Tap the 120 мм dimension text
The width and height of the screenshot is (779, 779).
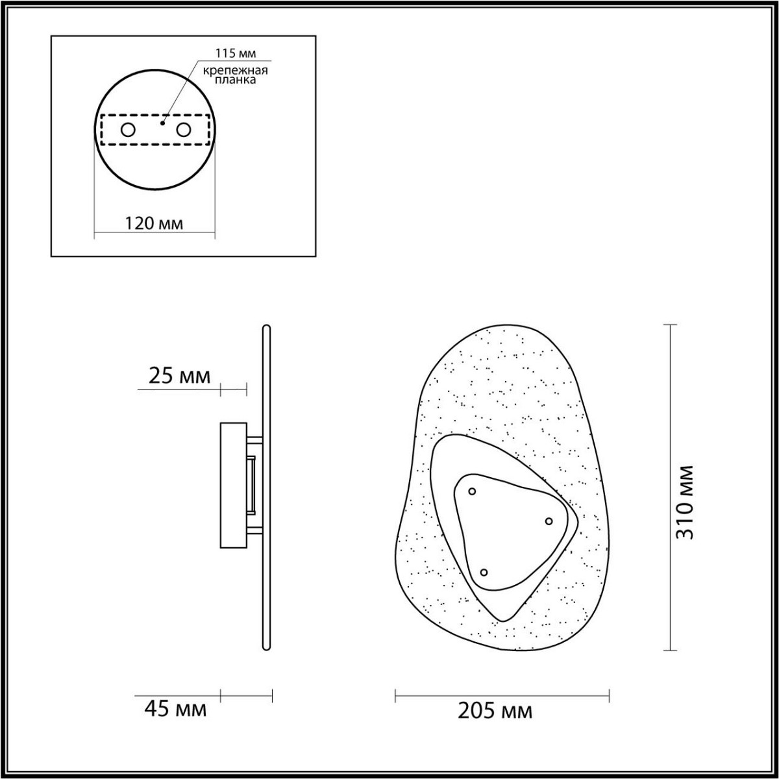point(153,223)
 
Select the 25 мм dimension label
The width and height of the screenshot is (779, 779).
point(180,376)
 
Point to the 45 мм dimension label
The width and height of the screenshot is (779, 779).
point(175,709)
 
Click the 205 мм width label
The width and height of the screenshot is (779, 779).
point(495,711)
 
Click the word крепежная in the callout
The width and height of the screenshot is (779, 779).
point(231,70)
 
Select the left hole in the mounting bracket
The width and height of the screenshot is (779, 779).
point(128,130)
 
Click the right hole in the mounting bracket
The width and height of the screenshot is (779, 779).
point(184,130)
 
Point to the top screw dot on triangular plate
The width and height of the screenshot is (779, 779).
point(472,491)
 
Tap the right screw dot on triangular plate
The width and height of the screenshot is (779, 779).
point(549,521)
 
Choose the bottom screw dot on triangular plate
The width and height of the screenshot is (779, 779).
point(484,572)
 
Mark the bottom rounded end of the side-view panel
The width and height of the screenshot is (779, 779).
point(266,647)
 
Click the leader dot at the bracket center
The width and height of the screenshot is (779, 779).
point(163,121)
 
